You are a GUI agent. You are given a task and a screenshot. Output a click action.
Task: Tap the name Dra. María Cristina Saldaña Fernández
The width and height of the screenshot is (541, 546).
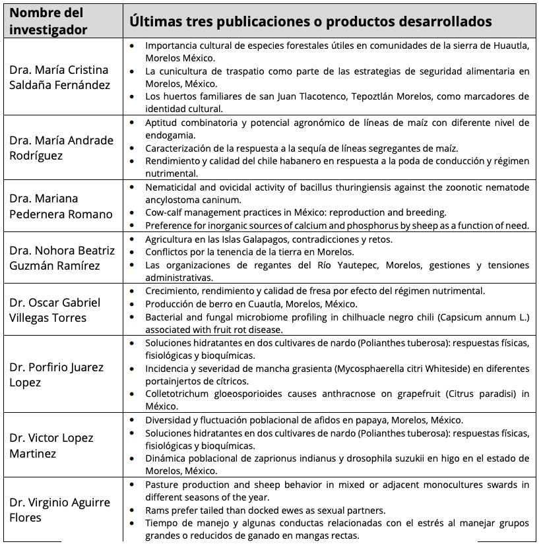pos(59,77)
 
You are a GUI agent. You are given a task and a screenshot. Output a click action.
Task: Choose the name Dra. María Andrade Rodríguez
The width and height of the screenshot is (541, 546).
pos(61,147)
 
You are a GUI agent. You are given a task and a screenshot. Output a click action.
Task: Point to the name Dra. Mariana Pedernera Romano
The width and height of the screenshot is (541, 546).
pos(61,206)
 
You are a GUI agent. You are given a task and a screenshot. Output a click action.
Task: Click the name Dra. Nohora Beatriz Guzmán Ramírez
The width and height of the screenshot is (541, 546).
pos(62,258)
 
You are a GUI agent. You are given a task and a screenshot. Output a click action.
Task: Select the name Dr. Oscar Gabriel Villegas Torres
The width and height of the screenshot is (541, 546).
pos(55,310)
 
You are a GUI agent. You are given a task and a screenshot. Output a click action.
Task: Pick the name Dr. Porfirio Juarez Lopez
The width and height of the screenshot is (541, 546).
pos(56,375)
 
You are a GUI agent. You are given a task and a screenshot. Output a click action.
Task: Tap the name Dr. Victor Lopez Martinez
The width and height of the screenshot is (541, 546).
pos(51,445)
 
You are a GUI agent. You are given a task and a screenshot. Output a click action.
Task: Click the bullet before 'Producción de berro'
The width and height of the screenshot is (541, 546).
pos(133,304)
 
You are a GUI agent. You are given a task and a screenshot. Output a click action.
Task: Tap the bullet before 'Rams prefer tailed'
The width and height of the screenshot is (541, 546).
pos(133,510)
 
